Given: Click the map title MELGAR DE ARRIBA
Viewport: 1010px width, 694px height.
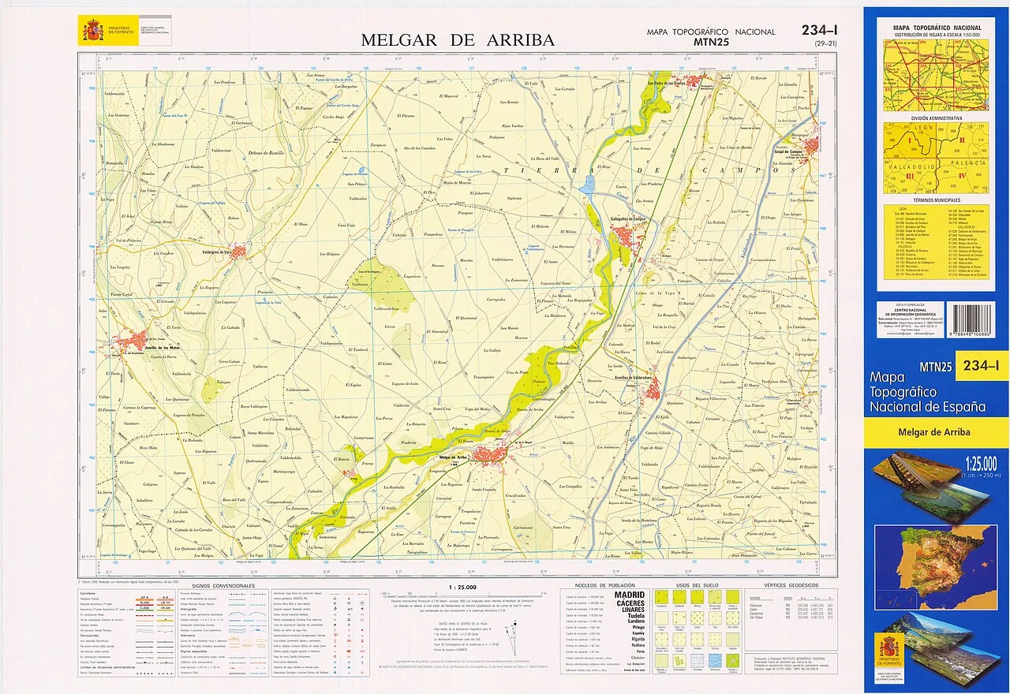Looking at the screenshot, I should pyautogui.click(x=458, y=39).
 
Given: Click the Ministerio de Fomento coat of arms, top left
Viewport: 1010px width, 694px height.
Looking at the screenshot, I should pyautogui.click(x=93, y=32).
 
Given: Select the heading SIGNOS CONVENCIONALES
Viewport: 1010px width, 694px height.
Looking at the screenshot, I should pyautogui.click(x=223, y=586).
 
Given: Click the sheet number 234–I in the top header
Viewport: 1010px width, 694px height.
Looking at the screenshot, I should pyautogui.click(x=825, y=31).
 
